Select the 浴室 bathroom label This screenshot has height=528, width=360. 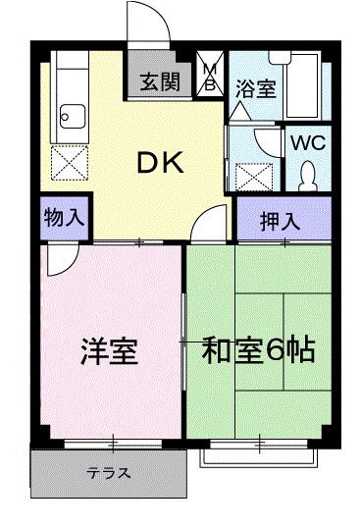point(254,88)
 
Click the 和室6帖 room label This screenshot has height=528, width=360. point(259,350)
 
